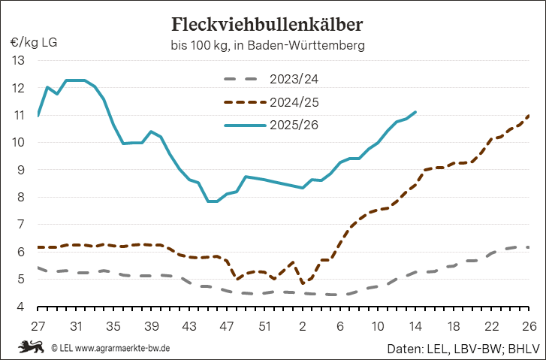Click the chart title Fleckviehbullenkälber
tap(267, 24)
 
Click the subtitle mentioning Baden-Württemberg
tap(267, 46)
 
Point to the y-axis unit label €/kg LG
tap(34, 41)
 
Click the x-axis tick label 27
tap(38, 327)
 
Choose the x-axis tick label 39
tap(151, 327)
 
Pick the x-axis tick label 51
tap(264, 327)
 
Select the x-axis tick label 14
tap(415, 327)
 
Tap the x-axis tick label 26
tap(529, 327)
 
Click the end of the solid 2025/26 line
tap(416, 112)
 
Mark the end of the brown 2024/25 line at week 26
tap(529, 115)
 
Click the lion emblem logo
tap(31, 347)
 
